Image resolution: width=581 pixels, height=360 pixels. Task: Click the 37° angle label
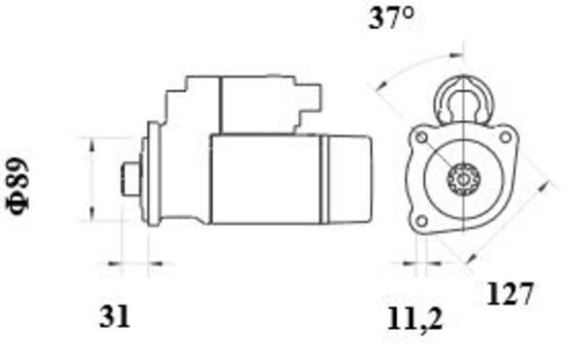pos(392,20)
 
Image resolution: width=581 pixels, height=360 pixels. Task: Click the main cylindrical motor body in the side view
pos(266,179)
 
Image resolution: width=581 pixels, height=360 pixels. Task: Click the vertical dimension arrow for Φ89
pos(91,179)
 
